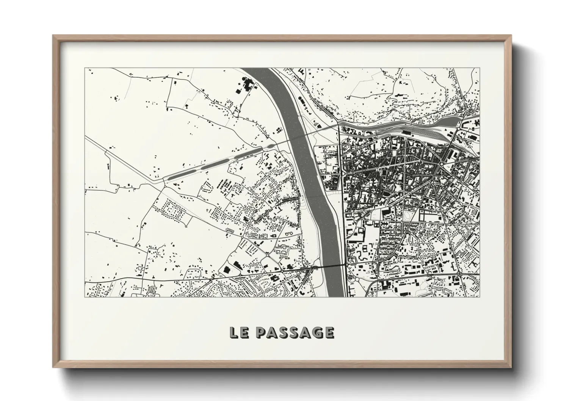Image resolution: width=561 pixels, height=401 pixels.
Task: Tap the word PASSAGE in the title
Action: [x=295, y=332]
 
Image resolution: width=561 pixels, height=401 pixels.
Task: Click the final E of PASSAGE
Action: [x=329, y=332]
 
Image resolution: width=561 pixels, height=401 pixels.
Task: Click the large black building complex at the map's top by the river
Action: [x=246, y=85]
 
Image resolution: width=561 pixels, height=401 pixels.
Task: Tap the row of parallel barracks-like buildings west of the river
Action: [x=226, y=185]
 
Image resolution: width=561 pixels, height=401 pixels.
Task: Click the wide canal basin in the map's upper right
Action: [x=447, y=121]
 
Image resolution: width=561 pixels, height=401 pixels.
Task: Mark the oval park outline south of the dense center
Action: [x=409, y=216]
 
